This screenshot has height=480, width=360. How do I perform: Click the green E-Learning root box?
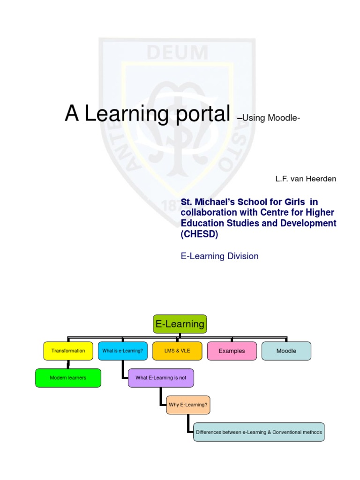tap(180, 324)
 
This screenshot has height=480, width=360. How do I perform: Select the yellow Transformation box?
tap(68, 351)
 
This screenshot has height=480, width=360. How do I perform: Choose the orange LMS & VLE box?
tap(177, 351)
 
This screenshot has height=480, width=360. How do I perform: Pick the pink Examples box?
tap(232, 351)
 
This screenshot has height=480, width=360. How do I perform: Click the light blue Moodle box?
tap(286, 351)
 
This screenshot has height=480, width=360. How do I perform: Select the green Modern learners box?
tap(68, 378)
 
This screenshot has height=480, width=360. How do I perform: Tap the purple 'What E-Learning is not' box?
tap(161, 378)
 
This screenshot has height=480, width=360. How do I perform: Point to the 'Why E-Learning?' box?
tap(188, 405)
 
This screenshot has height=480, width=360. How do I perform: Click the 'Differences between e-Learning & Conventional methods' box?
tap(259, 432)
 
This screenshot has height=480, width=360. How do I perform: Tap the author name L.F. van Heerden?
tap(305, 179)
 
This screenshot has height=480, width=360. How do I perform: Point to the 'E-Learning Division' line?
tap(219, 256)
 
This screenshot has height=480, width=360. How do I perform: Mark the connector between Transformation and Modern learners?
tap(68, 364)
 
